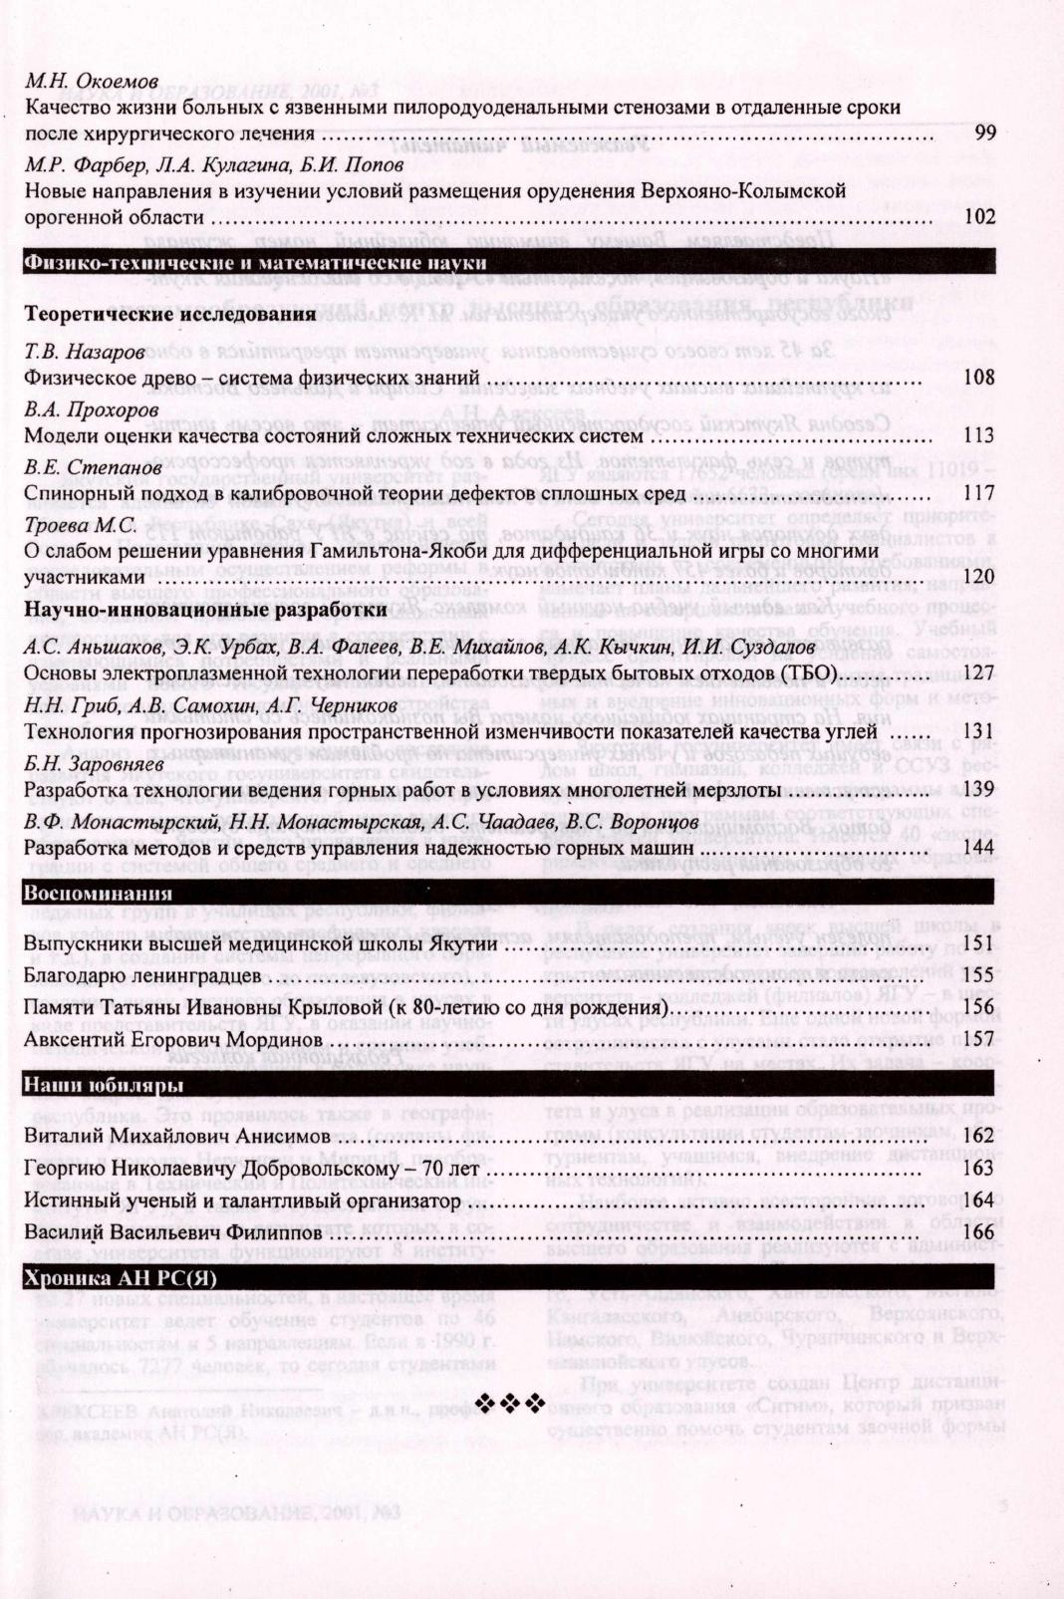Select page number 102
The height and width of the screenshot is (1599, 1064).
pos(980,217)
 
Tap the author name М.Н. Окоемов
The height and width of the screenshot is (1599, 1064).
pos(91,81)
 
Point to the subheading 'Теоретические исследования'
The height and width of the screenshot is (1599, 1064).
pos(169,315)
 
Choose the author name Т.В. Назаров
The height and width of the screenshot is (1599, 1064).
pos(85,352)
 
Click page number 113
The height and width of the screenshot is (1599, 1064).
pos(980,435)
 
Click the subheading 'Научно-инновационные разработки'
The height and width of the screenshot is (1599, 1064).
pos(205,609)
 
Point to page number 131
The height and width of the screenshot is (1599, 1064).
pos(980,731)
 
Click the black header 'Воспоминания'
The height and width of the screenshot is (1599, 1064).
pos(98,893)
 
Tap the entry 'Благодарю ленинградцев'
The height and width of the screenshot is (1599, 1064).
pos(142,975)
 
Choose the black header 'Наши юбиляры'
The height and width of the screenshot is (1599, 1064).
pos(103,1084)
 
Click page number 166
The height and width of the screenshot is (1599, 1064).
pos(980,1232)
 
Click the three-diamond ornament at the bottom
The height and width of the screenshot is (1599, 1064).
pos(511,1404)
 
